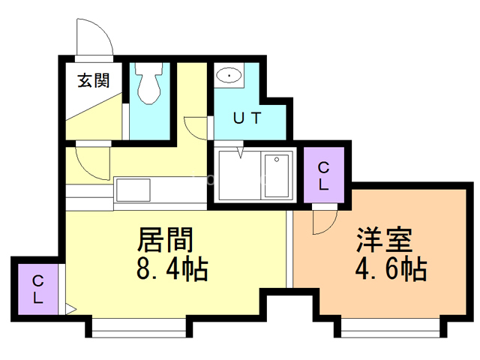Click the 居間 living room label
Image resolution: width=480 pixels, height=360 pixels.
tap(165, 240)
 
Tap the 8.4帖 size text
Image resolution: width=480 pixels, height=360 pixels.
tap(172, 267)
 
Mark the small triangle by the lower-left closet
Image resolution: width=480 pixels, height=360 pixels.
tap(70, 307)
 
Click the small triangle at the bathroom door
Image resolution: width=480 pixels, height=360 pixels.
tap(240, 153)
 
